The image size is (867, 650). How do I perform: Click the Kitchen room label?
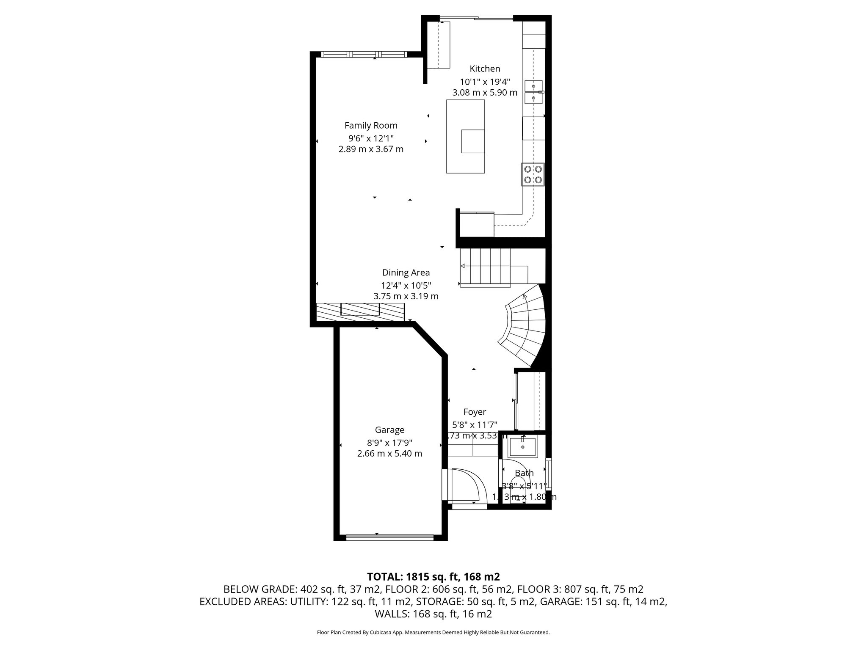click(x=485, y=69)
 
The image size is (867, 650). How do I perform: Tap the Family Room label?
click(x=371, y=126)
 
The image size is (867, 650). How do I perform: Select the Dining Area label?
click(x=406, y=273)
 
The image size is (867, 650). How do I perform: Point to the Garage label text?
click(x=389, y=430)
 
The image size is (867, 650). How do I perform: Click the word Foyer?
click(x=475, y=412)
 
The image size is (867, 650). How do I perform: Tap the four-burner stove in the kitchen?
click(x=533, y=174)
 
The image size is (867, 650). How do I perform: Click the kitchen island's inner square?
click(x=472, y=141)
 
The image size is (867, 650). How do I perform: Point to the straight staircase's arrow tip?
click(x=463, y=266)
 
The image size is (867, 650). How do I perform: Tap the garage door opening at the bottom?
click(x=389, y=538)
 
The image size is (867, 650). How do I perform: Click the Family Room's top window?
click(x=364, y=54)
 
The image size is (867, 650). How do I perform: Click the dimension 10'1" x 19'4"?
click(x=485, y=82)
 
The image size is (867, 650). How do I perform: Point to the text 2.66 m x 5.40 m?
click(x=389, y=454)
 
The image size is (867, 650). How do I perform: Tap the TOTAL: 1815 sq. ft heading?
click(x=433, y=577)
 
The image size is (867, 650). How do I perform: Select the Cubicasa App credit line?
click(x=433, y=633)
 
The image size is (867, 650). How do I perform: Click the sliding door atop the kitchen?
click(x=476, y=18)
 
